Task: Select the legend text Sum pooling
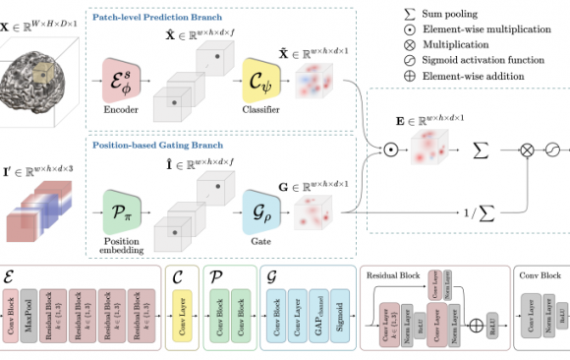click(x=458, y=15)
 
